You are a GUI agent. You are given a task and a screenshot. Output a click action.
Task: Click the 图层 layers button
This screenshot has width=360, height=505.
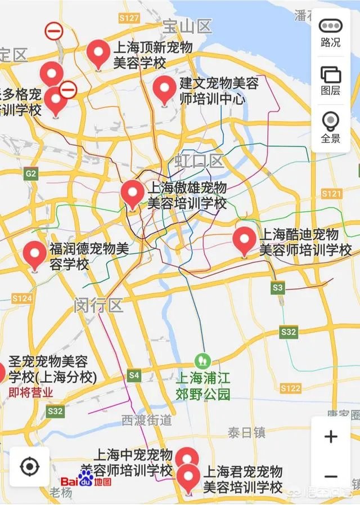coord(330,81)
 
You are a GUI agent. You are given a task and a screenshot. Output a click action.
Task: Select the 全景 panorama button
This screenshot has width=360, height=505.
coord(330,127)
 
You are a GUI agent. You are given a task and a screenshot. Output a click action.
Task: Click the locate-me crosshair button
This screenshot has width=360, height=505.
coord(29,466)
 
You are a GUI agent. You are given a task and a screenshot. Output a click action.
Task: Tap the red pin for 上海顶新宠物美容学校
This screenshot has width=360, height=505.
coord(98,54)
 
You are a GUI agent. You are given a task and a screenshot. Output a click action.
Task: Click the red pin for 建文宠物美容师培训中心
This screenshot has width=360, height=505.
coord(165,90)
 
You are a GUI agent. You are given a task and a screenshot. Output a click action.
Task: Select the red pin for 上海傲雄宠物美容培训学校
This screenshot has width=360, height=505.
coord(133,194)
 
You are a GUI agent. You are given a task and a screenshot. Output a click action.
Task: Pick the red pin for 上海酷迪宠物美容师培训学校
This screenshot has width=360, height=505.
coord(244,240)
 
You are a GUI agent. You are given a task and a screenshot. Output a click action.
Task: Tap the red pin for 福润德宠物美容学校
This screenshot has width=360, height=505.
coord(35,254)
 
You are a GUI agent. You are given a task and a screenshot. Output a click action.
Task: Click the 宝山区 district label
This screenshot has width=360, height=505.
coord(187,26)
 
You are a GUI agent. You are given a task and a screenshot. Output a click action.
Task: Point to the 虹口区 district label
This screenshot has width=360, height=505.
coord(199,162)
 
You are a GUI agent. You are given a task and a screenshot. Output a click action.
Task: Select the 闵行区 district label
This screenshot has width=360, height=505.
coord(98,306)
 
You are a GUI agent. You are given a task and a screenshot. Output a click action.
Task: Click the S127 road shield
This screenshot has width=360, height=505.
coord(129,18)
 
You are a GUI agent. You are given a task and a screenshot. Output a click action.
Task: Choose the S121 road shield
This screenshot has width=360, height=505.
coord(331,194)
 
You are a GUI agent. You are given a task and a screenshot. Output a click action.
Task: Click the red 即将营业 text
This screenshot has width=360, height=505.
coord(31,392)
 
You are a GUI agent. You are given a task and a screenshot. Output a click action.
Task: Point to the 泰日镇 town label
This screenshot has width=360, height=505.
coord(246,432)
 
